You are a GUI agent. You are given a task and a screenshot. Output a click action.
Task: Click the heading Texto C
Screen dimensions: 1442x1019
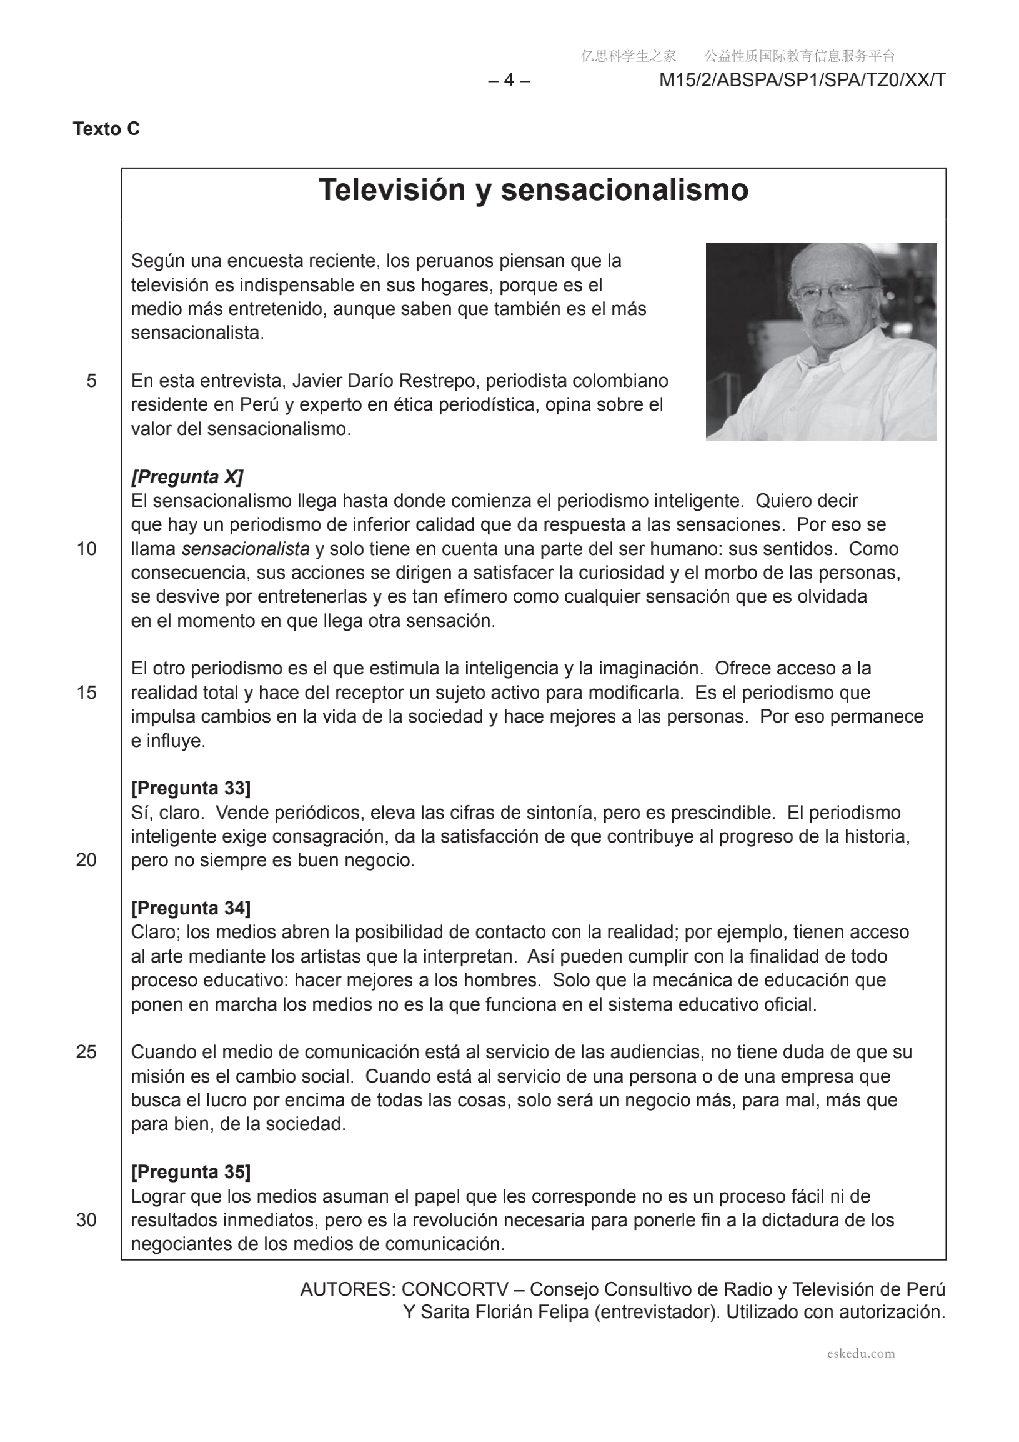(x=106, y=129)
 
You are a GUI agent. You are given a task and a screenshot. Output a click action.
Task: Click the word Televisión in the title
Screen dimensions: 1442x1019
(x=394, y=189)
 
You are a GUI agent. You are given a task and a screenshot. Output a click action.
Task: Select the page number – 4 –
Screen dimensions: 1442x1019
(x=509, y=81)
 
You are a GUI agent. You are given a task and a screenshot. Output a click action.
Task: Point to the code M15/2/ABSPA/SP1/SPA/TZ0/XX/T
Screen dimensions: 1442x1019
(x=802, y=81)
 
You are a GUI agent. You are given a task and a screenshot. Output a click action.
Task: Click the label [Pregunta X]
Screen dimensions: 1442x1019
(x=187, y=477)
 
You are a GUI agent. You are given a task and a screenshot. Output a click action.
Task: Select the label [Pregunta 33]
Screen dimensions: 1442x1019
(x=191, y=788)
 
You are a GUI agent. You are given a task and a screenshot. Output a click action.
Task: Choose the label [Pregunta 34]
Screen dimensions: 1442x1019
(x=191, y=908)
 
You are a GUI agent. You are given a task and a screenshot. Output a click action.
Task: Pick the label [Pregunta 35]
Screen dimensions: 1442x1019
(x=191, y=1172)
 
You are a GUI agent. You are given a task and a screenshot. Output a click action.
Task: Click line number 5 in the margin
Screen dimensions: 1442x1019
(x=92, y=381)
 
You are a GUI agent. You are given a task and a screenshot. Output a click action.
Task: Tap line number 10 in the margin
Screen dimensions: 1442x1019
(x=87, y=549)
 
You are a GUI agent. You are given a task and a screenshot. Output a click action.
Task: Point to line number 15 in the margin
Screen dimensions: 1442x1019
(x=87, y=693)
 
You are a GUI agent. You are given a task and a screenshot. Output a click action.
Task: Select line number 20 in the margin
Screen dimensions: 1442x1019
(x=87, y=861)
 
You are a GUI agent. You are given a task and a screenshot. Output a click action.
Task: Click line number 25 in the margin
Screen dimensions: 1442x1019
(x=87, y=1052)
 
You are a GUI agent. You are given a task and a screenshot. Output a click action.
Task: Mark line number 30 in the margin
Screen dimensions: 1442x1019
(x=87, y=1220)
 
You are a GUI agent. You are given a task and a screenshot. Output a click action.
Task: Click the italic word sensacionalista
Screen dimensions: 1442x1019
(x=246, y=549)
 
